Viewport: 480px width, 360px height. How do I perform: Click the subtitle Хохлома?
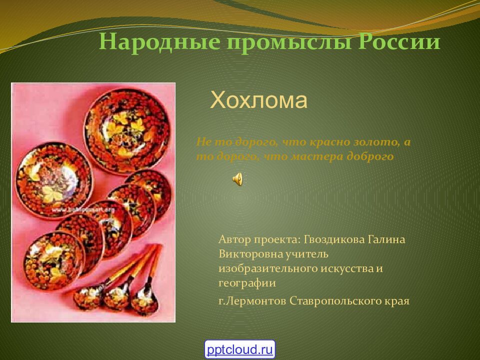258,100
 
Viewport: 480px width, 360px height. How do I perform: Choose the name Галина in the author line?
386,239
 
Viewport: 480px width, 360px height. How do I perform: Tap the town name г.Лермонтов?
252,301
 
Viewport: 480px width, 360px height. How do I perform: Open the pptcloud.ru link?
240,348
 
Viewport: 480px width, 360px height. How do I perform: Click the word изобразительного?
268,268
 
